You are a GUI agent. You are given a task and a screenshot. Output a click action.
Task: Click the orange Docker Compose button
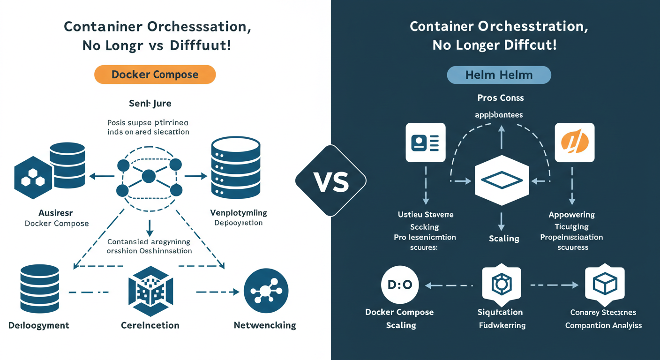click(155, 75)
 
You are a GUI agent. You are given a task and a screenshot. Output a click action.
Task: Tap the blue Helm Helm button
click(499, 75)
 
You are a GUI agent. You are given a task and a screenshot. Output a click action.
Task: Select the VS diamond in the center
click(330, 181)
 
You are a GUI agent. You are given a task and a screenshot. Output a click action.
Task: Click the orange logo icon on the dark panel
click(574, 142)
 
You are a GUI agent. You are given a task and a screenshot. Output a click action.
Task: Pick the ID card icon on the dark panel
click(426, 142)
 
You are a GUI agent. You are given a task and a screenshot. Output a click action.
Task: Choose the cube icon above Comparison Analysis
click(605, 285)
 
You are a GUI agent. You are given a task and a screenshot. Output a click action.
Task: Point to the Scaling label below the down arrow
click(504, 239)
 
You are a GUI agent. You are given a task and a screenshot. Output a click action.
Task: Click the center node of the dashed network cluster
click(149, 176)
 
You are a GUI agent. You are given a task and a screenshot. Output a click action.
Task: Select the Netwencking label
click(265, 325)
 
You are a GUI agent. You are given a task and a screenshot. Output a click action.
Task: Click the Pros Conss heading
click(501, 98)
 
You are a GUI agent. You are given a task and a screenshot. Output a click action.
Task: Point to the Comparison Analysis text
click(603, 325)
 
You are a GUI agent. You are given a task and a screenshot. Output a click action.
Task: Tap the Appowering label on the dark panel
click(571, 215)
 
